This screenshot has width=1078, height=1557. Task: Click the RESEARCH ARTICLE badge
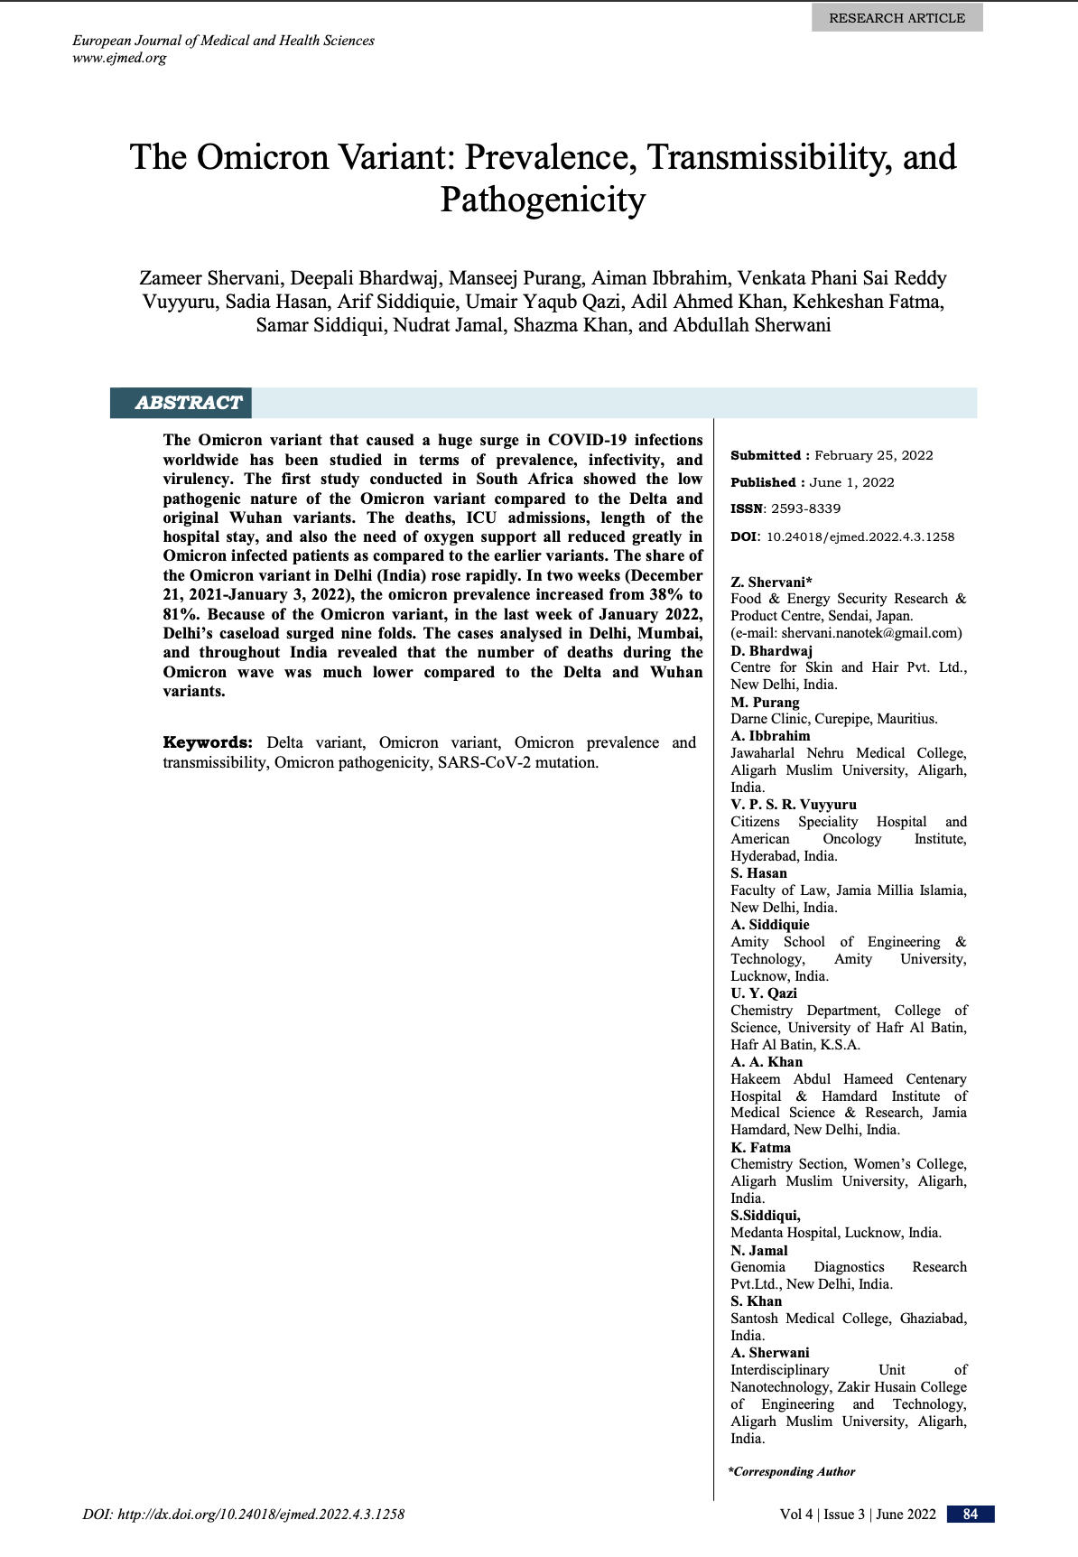[x=897, y=18]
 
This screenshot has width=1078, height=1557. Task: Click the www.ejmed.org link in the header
[x=119, y=59]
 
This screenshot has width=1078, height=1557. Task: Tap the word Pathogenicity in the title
[x=543, y=200]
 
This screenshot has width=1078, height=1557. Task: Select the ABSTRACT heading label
[x=188, y=403]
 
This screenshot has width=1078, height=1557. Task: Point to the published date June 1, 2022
[x=852, y=482]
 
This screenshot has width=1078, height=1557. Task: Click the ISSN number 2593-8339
[x=805, y=508]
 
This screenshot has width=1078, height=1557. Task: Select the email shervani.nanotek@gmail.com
[x=870, y=633]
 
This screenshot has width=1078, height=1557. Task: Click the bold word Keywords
[x=207, y=742]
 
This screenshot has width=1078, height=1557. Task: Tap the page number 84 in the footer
[x=971, y=1515]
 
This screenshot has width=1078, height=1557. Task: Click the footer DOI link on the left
[x=243, y=1515]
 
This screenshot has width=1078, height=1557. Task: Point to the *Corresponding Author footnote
[x=792, y=1472]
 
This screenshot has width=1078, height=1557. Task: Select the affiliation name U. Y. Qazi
[x=764, y=993]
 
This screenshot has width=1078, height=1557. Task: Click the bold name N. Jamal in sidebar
[x=759, y=1251]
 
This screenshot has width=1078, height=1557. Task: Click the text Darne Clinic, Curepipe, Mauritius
[x=833, y=719]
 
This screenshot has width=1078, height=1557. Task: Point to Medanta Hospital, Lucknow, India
[x=835, y=1233]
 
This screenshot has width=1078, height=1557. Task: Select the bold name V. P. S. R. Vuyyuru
[x=794, y=805]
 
